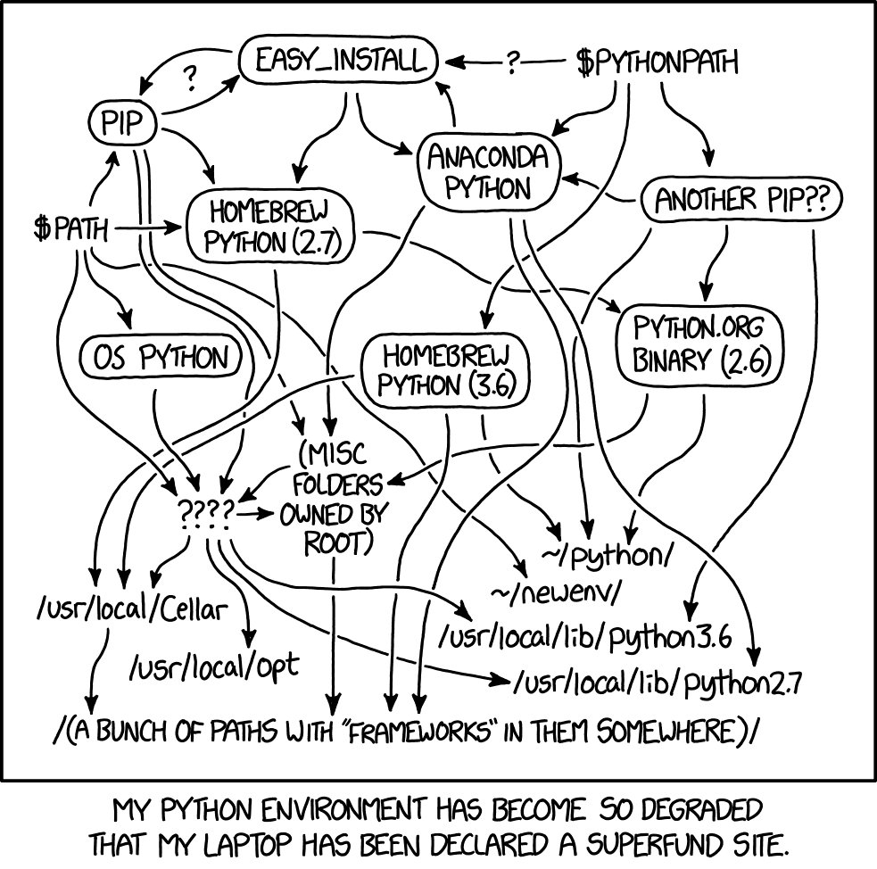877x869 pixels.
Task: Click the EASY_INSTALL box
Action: click(339, 62)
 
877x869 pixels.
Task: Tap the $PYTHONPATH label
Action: click(657, 63)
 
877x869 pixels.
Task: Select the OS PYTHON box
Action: click(161, 359)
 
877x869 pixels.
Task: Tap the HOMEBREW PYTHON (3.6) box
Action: click(444, 369)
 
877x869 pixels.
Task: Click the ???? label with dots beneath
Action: click(206, 512)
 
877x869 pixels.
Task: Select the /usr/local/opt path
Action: click(213, 666)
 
